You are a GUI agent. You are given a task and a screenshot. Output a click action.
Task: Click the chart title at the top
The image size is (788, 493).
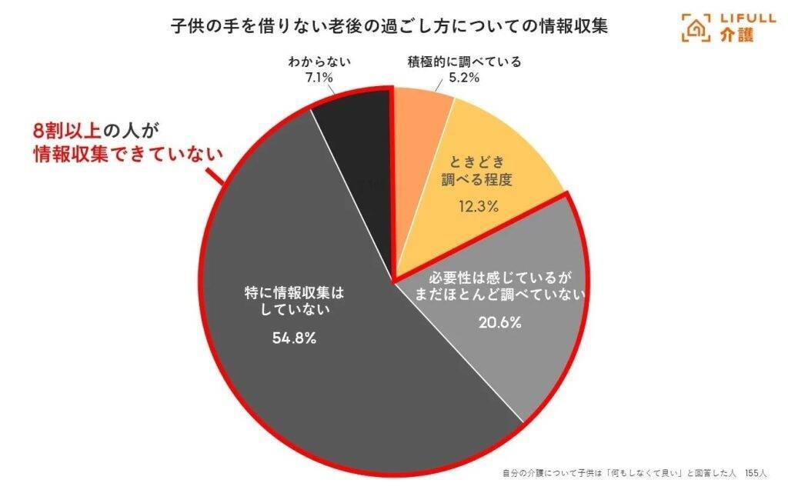tap(389, 26)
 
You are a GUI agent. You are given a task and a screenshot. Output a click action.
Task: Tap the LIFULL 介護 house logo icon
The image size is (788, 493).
tap(696, 27)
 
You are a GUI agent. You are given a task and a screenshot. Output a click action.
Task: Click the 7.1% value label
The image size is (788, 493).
tap(323, 78)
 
